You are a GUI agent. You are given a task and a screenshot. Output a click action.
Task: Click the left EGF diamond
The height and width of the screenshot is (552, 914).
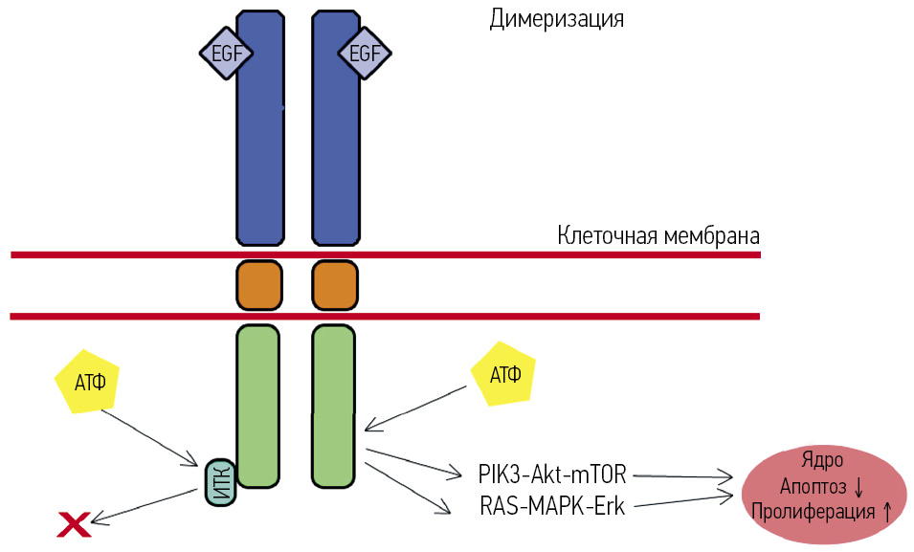(x=225, y=54)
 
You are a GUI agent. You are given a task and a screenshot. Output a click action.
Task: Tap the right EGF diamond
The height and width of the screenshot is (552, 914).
(x=365, y=54)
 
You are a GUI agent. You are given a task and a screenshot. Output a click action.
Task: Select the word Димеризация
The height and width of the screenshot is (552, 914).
(x=556, y=18)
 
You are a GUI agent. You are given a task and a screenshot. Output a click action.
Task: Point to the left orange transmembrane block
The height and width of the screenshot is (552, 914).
(x=259, y=285)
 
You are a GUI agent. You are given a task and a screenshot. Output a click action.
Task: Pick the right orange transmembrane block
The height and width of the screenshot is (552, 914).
(x=335, y=285)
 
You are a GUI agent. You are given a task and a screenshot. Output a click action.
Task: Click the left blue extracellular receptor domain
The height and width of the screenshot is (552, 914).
(x=260, y=144)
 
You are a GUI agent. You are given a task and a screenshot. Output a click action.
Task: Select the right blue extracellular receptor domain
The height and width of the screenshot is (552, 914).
(x=336, y=144)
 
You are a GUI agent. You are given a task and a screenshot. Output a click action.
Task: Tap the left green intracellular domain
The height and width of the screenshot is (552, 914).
(x=257, y=406)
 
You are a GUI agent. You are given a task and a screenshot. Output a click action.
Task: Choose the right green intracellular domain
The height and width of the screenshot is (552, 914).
(x=334, y=406)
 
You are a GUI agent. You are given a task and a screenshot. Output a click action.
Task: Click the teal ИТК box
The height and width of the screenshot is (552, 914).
(x=219, y=481)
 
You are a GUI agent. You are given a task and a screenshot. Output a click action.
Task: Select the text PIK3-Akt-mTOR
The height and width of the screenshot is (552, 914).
(x=552, y=473)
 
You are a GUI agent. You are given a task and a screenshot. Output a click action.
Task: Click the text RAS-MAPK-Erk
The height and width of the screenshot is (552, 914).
(x=552, y=506)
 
